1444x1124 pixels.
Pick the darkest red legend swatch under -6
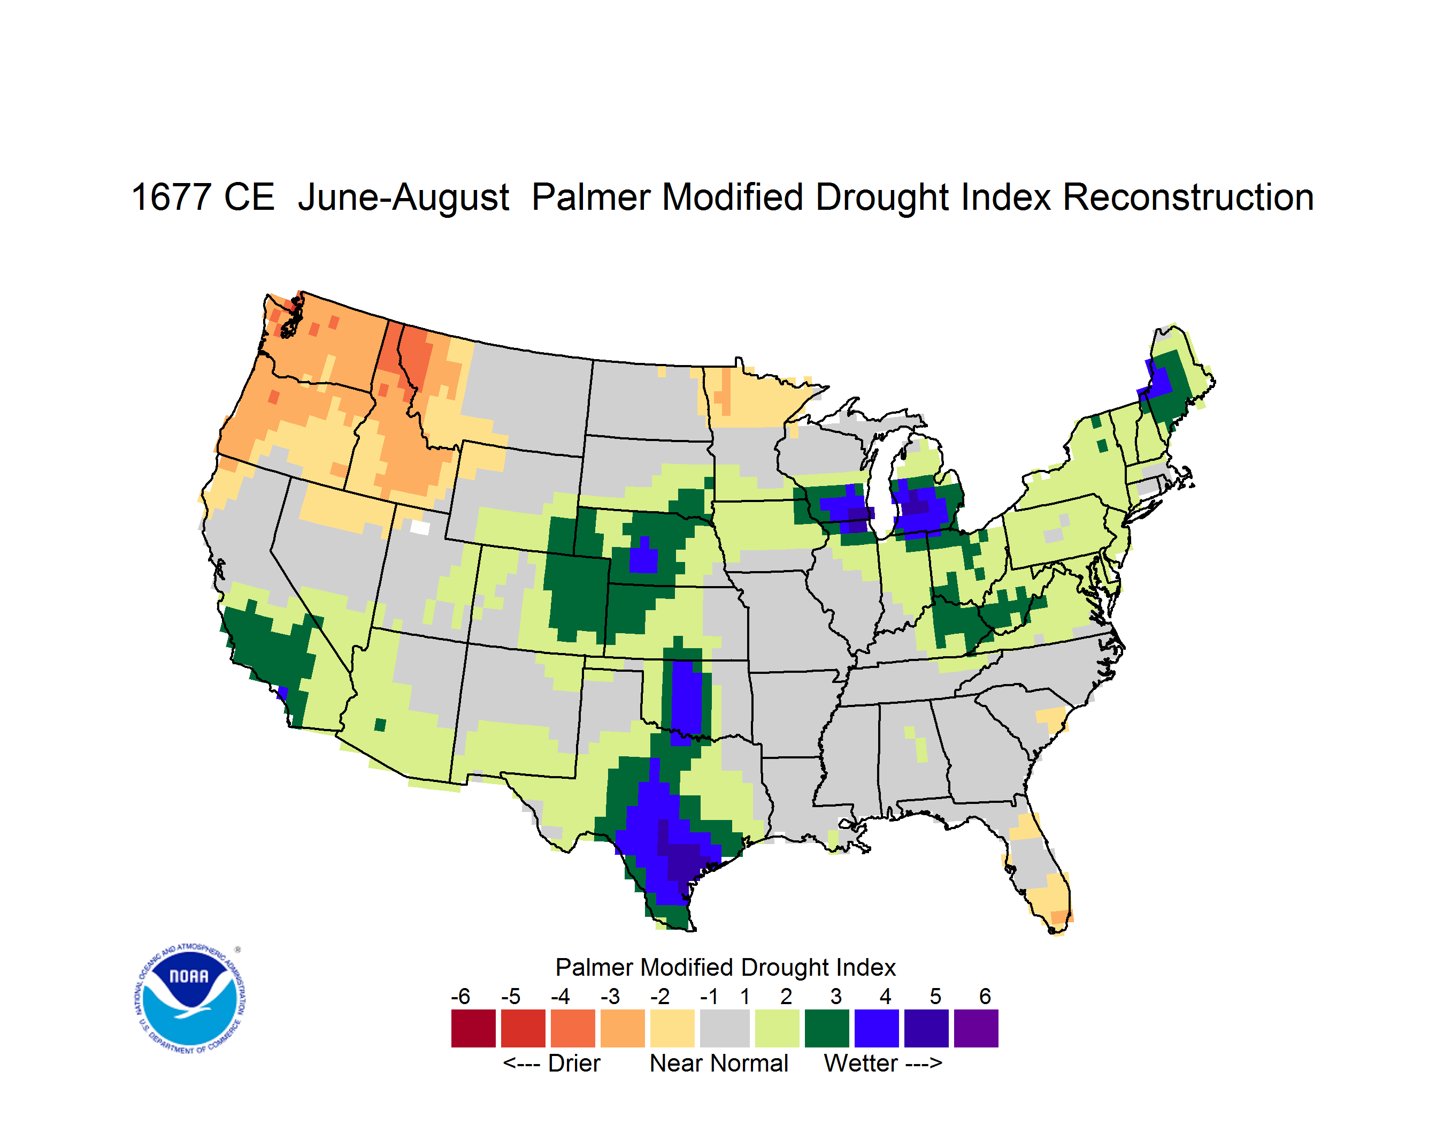pos(473,1028)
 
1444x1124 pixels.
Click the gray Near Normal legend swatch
pos(725,1028)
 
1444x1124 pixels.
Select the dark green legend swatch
pos(826,1028)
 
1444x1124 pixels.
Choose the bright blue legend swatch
pos(877,1028)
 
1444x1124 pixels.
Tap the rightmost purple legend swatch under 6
pos(976,1028)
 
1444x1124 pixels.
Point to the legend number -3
pos(610,996)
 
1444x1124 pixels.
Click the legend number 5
pos(935,996)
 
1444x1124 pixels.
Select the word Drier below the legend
pos(574,1063)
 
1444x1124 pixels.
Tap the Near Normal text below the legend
pos(719,1063)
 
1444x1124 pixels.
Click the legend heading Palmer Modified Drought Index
pos(725,967)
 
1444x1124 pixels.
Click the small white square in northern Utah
pos(420,527)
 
